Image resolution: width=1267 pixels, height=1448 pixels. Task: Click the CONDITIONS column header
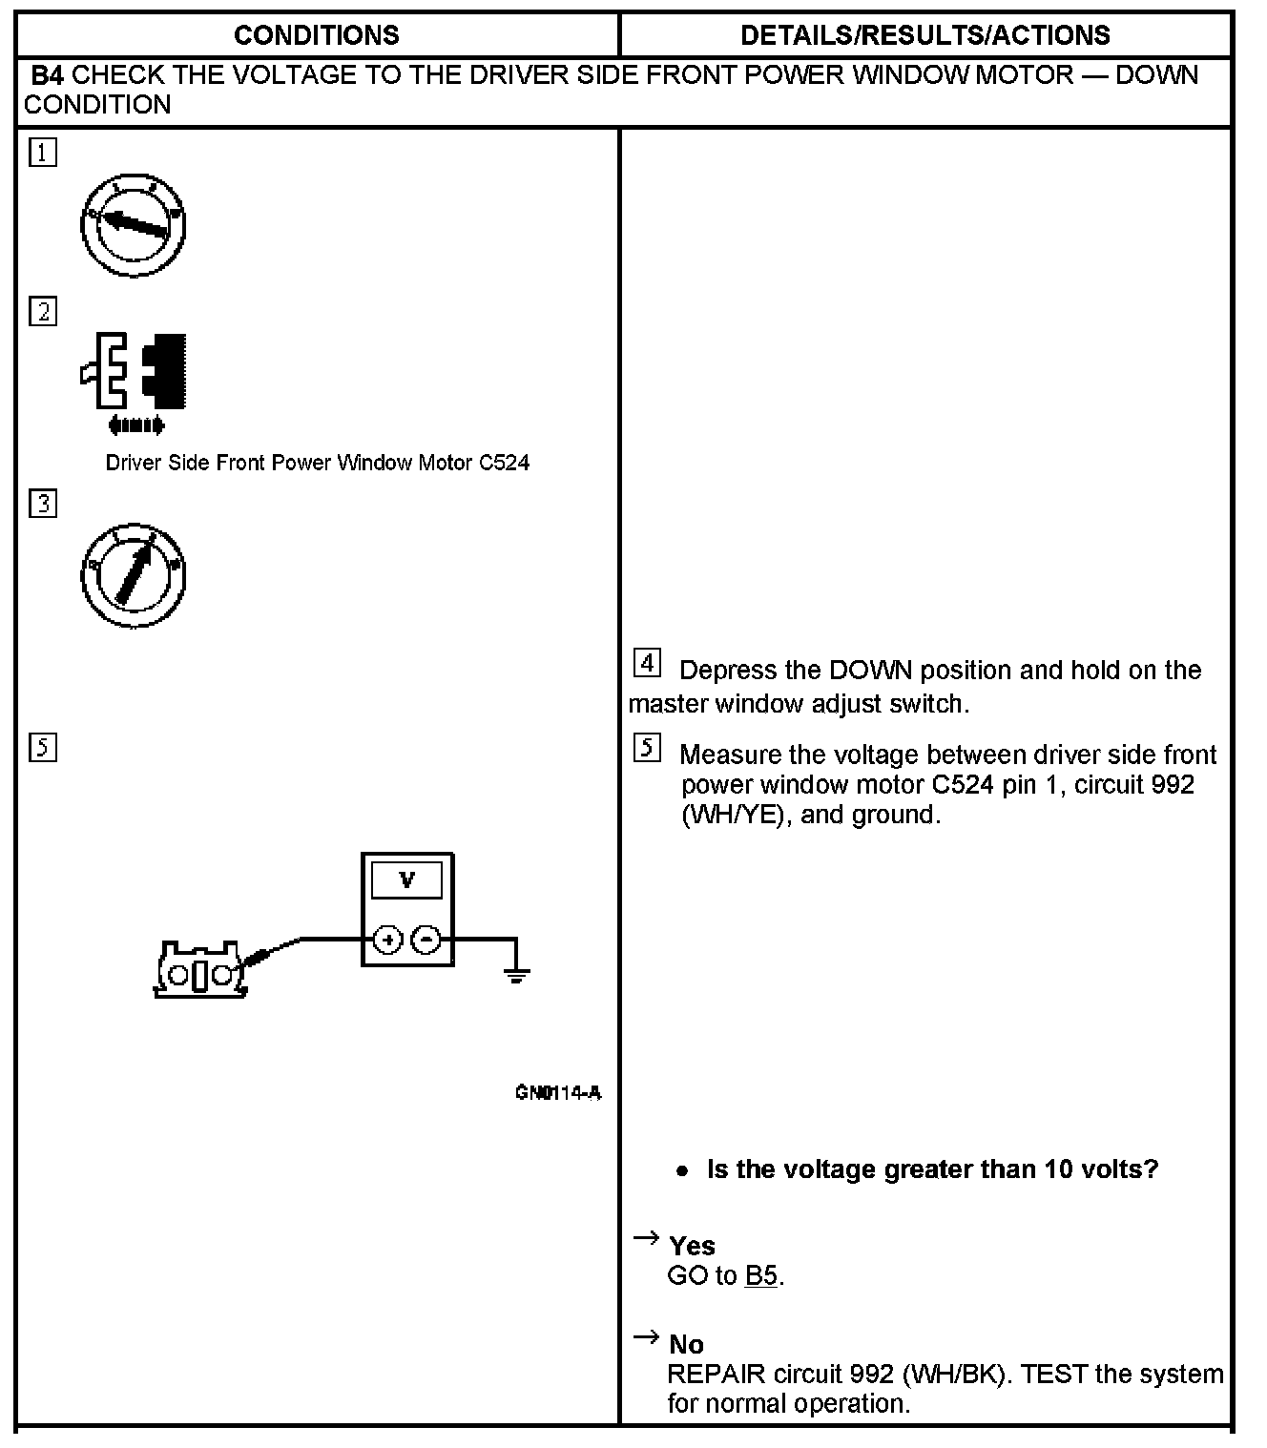(316, 35)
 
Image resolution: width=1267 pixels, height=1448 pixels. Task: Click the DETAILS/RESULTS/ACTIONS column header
(924, 35)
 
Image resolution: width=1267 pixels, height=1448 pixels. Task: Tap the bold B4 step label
(48, 75)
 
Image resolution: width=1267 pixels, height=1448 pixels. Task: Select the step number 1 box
(43, 153)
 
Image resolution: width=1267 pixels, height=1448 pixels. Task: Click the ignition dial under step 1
(133, 225)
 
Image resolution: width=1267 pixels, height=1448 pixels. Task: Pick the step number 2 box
(43, 312)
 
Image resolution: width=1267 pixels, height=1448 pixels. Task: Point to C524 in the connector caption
(504, 464)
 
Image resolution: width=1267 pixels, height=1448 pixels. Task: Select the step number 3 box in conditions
(43, 503)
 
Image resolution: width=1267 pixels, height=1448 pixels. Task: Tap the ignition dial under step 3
(133, 575)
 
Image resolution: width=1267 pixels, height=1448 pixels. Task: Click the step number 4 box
(647, 662)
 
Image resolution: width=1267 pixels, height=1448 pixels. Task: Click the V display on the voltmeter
(407, 879)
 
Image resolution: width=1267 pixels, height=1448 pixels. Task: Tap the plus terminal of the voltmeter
(387, 940)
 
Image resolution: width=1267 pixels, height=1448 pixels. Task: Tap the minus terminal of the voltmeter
(426, 940)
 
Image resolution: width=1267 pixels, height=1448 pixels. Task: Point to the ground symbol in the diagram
(516, 973)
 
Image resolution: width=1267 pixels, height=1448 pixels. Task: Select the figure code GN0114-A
(558, 1093)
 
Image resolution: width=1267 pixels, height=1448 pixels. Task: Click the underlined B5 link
(761, 1275)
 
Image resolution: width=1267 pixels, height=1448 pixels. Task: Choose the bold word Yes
(692, 1246)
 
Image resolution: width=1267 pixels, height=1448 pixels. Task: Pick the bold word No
(686, 1345)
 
